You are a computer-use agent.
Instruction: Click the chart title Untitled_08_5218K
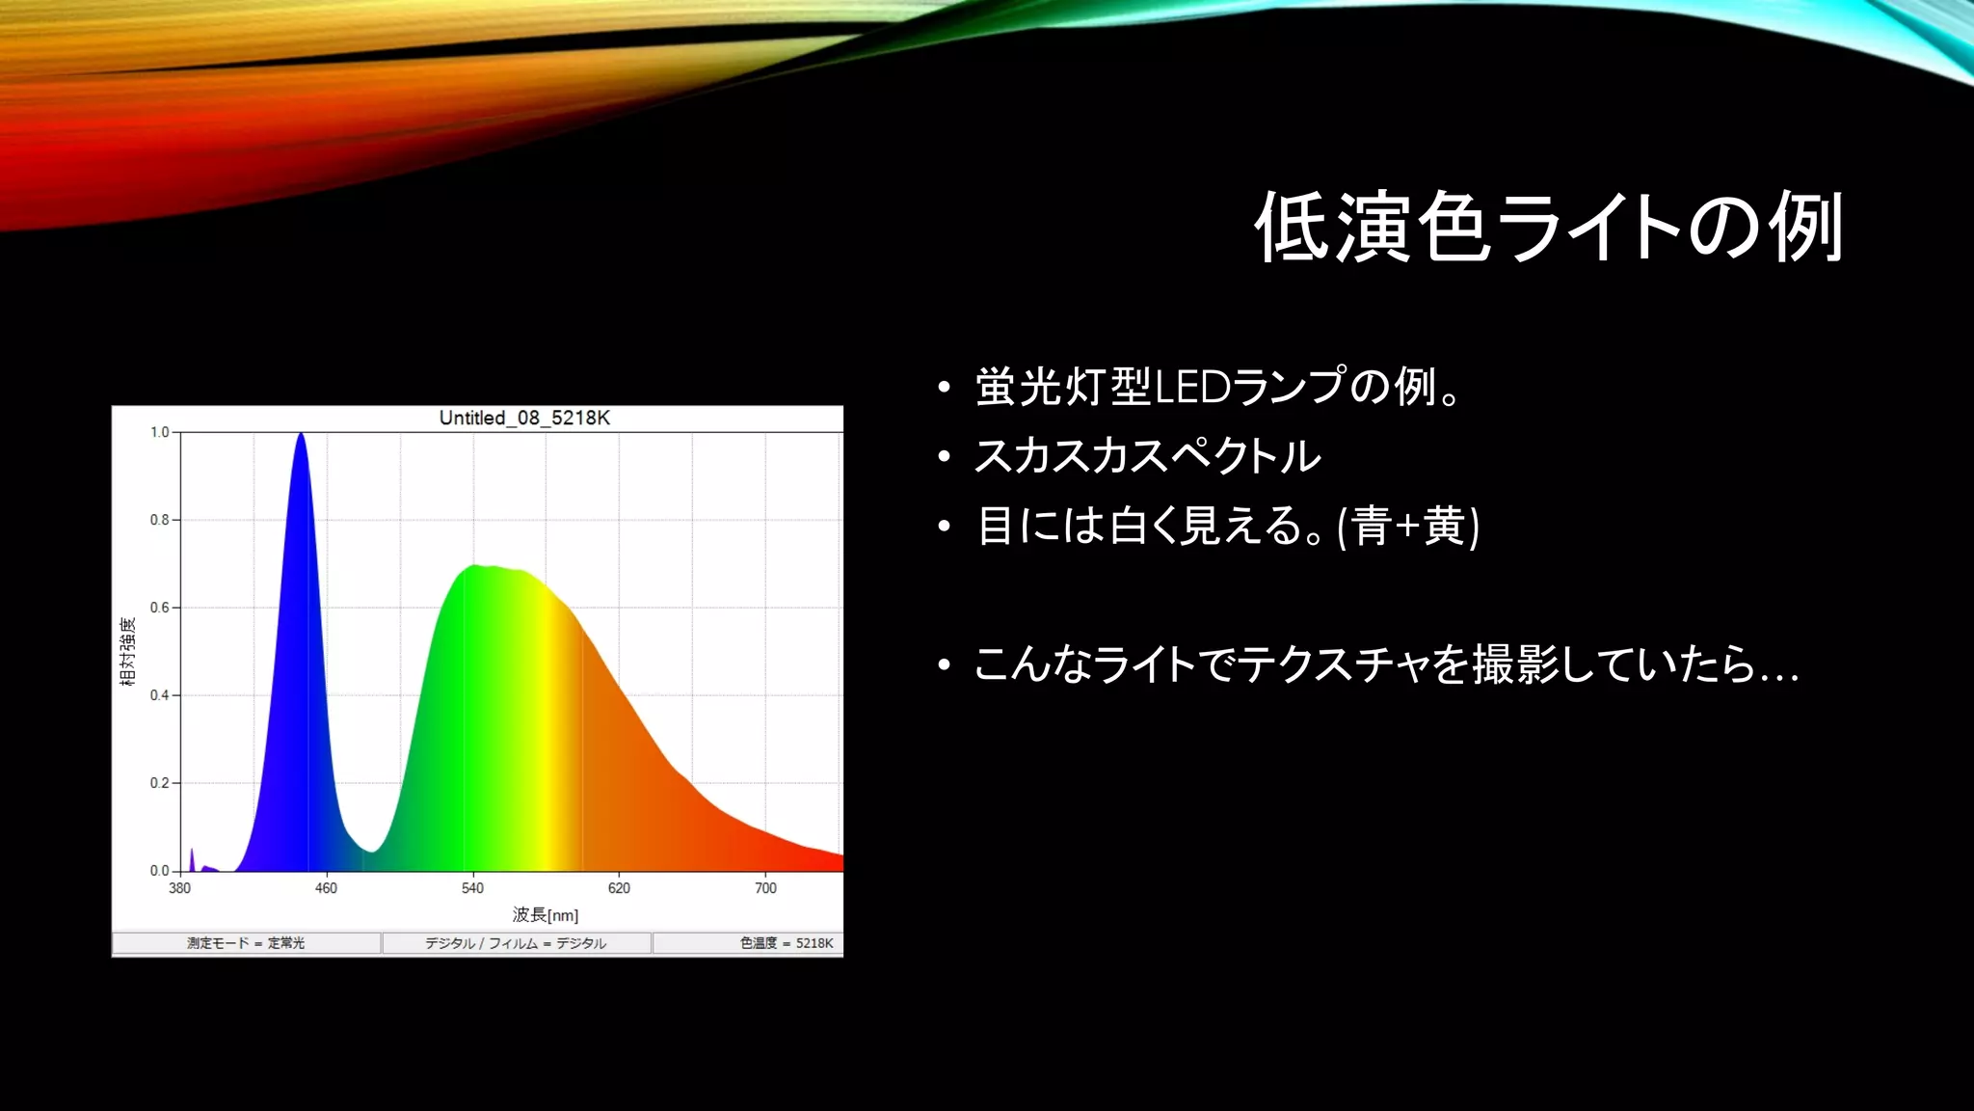click(x=524, y=418)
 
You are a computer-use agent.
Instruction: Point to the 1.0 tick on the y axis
click(x=160, y=432)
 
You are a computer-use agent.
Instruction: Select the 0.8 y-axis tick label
click(x=160, y=520)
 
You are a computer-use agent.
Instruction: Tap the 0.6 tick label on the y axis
click(x=160, y=608)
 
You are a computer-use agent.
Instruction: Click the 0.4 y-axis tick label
click(x=160, y=695)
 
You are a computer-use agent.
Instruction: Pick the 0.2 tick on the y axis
click(x=160, y=783)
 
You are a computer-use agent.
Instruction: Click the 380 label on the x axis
click(x=180, y=888)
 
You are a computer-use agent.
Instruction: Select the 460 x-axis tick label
click(x=326, y=888)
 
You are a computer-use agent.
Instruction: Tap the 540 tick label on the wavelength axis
click(x=472, y=888)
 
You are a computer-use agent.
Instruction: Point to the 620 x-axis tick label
click(x=619, y=888)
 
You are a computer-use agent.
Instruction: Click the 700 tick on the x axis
click(x=765, y=888)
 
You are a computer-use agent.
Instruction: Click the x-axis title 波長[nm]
click(x=546, y=914)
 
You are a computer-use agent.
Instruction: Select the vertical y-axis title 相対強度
click(x=128, y=652)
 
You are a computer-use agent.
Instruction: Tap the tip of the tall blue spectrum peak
click(x=301, y=435)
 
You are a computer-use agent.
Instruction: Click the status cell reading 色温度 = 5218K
click(x=786, y=943)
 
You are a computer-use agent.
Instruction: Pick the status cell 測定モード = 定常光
click(x=246, y=943)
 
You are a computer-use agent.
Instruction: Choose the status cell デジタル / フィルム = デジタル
click(x=516, y=943)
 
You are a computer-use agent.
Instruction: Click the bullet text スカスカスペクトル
click(x=1147, y=456)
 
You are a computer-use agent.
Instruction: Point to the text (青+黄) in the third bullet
click(x=1408, y=527)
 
